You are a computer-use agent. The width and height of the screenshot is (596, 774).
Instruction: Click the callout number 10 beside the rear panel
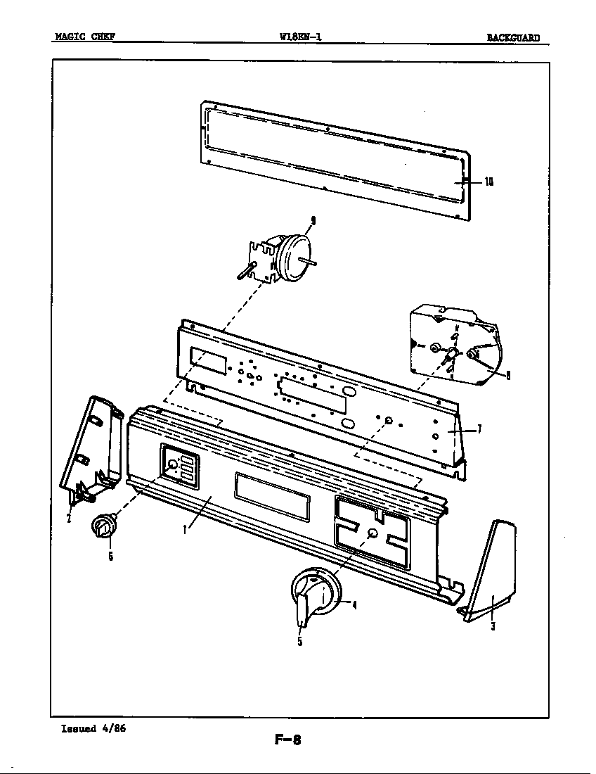point(488,182)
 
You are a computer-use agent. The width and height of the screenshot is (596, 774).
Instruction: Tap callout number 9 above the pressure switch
point(313,221)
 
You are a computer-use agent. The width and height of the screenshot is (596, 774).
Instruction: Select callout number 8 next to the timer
point(508,375)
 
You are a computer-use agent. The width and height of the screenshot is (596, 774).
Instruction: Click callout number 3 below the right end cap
point(493,627)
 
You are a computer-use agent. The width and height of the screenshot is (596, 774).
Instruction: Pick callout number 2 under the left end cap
point(69,519)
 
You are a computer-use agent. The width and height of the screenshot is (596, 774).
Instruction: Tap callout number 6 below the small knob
point(110,557)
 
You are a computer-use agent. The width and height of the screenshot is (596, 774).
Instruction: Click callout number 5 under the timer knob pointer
point(299,641)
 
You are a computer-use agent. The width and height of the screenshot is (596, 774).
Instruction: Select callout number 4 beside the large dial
point(354,605)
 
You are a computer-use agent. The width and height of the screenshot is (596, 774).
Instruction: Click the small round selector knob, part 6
point(103,526)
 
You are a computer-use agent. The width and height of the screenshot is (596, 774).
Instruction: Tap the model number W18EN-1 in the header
point(300,38)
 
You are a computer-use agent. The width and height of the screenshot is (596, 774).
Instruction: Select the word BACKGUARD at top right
point(513,38)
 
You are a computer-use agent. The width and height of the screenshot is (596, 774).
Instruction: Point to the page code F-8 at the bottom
point(287,740)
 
